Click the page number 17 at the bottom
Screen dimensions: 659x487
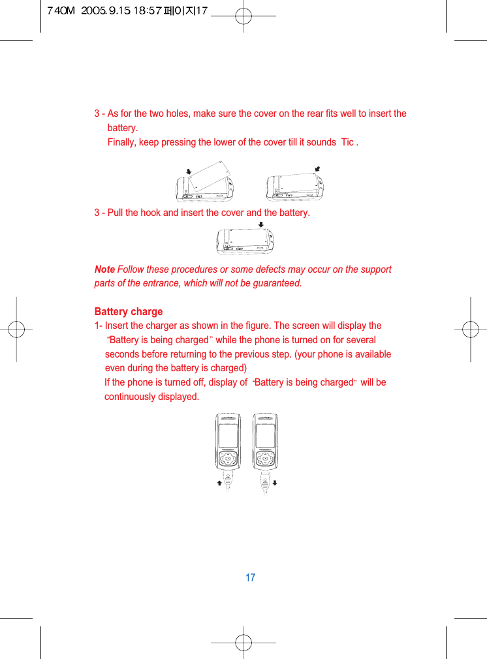coord(250,577)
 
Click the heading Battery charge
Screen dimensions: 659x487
coord(129,311)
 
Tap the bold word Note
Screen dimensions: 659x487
coord(104,269)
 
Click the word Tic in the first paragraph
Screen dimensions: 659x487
coord(347,142)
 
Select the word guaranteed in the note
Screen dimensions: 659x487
coord(277,283)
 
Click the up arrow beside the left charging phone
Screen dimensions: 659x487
coord(219,483)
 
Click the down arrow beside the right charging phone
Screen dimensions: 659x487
coord(275,483)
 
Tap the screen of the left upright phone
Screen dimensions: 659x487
coord(228,435)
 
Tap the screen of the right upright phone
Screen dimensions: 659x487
coord(266,435)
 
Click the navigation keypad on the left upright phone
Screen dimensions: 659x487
coord(228,459)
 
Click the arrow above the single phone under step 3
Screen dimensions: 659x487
coord(260,223)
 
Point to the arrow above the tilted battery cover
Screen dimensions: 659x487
coord(188,172)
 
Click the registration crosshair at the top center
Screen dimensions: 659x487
coord(243,18)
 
